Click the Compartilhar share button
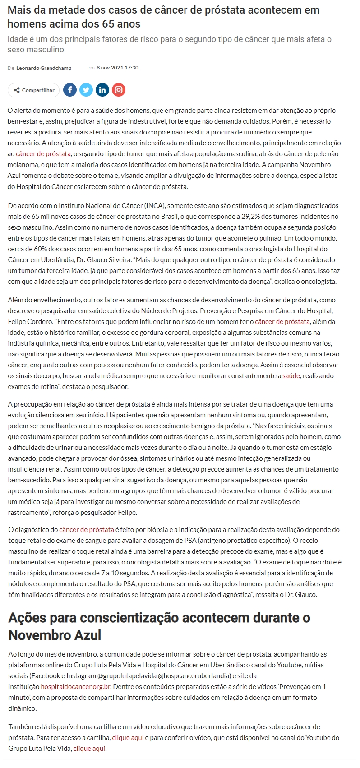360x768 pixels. (x=33, y=90)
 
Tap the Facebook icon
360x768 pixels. (x=70, y=90)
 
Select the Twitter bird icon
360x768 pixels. (x=86, y=90)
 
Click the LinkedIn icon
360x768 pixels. (x=102, y=90)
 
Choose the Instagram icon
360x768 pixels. (x=119, y=90)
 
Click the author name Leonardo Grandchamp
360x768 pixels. (x=44, y=68)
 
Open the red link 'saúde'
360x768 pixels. (x=291, y=376)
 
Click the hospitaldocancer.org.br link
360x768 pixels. (x=76, y=687)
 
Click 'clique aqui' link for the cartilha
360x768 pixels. (x=128, y=738)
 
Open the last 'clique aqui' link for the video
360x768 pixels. (x=90, y=749)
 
